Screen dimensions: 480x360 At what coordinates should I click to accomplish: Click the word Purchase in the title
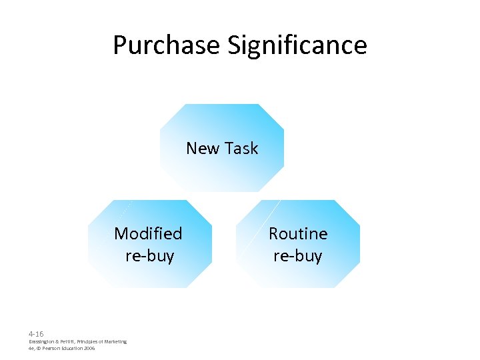point(166,45)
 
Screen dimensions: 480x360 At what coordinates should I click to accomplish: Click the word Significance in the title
point(297,45)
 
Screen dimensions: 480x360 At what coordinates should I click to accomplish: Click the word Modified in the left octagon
point(148,233)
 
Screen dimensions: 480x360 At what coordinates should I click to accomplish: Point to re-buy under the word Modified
point(149,256)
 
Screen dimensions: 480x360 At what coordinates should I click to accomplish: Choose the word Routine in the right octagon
point(298,233)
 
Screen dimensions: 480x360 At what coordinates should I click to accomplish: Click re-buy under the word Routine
point(298,256)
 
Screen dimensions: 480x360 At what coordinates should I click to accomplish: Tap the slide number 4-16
point(36,333)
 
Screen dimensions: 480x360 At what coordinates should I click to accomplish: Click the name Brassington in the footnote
point(43,341)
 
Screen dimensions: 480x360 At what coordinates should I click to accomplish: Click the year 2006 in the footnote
point(89,348)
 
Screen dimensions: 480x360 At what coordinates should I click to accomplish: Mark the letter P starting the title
point(119,45)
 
